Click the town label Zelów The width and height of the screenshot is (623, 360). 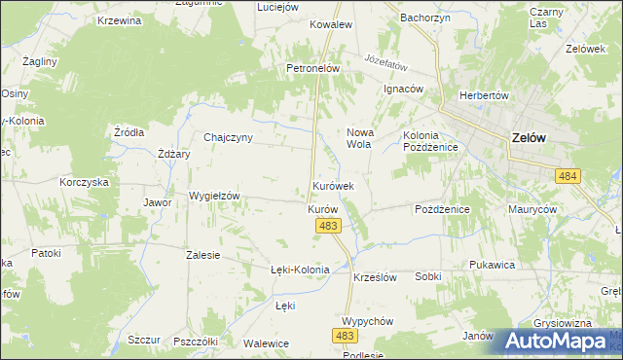(x=528, y=138)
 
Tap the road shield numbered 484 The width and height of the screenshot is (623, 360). (x=568, y=175)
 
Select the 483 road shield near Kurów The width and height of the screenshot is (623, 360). (x=328, y=226)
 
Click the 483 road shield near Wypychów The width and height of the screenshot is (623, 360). (x=345, y=335)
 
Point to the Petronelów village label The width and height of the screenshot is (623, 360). (x=311, y=69)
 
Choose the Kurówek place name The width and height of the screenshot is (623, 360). (x=333, y=185)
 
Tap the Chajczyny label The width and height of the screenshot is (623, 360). (x=228, y=137)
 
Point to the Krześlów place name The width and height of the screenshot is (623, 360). (x=375, y=276)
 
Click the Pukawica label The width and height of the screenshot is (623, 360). (x=491, y=264)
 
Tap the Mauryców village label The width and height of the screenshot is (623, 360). (x=531, y=209)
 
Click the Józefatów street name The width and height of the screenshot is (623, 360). (x=385, y=60)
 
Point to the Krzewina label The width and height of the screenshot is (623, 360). (x=120, y=21)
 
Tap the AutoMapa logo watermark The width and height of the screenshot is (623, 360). (x=555, y=341)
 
